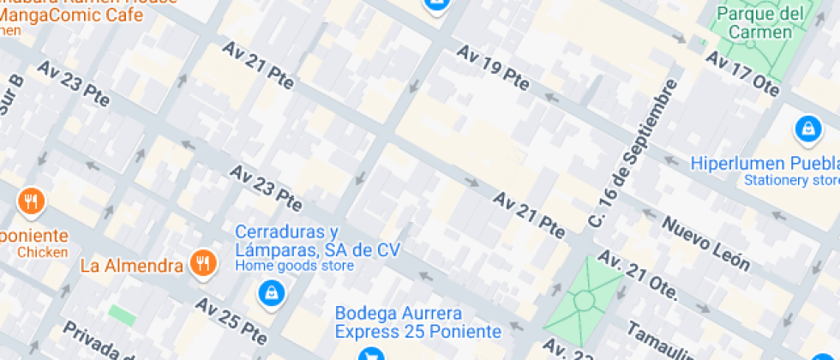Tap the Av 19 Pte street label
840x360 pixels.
click(x=493, y=67)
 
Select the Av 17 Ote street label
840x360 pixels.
click(x=740, y=71)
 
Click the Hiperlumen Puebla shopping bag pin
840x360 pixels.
click(x=807, y=129)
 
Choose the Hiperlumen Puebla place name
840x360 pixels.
click(x=765, y=163)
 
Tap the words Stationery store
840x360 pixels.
click(x=791, y=180)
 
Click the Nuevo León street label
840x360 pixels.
click(x=708, y=243)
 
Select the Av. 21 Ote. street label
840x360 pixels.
click(x=639, y=276)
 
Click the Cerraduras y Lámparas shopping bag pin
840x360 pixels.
click(x=271, y=293)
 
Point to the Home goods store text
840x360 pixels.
click(x=294, y=266)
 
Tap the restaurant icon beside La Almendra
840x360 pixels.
click(x=202, y=263)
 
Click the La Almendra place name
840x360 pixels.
click(x=132, y=265)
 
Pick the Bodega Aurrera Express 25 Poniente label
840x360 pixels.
click(x=417, y=322)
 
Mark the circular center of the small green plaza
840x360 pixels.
click(x=585, y=300)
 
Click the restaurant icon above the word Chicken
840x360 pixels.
click(x=31, y=202)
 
